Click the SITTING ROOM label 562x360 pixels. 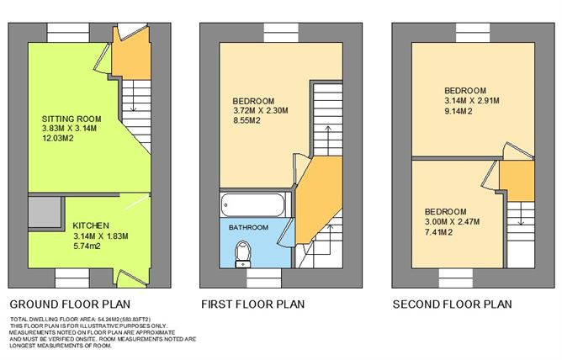[72, 119]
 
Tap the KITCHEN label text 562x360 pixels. [91, 225]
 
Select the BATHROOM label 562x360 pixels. [248, 227]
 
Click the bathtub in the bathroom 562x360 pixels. [254, 205]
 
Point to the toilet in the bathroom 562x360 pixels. [243, 254]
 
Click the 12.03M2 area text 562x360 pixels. [58, 138]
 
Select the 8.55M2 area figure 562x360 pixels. [247, 120]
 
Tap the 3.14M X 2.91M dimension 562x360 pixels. [472, 101]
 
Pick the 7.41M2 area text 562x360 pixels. [438, 232]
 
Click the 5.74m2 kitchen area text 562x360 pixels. [87, 246]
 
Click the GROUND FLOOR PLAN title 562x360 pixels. [70, 304]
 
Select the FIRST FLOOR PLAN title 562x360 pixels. [252, 304]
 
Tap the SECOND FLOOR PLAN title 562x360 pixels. [453, 304]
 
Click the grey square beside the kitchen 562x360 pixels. [45, 212]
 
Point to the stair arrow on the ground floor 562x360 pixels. [133, 95]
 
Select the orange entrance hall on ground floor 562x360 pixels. [131, 54]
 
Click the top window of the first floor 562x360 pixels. [281, 33]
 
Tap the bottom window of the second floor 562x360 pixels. [456, 278]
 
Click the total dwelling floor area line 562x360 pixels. [81, 319]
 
